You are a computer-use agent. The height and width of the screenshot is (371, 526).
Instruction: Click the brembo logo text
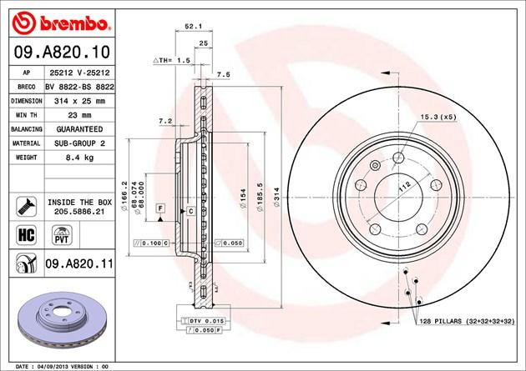(73, 23)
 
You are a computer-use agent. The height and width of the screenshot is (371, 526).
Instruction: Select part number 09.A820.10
(62, 52)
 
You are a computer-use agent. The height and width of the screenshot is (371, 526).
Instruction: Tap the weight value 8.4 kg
(79, 158)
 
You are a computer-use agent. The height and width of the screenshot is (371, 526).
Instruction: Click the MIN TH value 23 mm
(79, 115)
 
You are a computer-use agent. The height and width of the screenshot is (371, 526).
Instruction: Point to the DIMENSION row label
(27, 101)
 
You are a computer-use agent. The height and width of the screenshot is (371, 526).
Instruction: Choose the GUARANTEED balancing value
(79, 129)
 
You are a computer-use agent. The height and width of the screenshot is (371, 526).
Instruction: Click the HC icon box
(26, 235)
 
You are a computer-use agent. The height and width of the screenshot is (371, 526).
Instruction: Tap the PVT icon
(62, 235)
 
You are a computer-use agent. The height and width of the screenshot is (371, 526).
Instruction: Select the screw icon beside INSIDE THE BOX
(26, 206)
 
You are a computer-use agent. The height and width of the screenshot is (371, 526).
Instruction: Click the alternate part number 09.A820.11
(79, 263)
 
